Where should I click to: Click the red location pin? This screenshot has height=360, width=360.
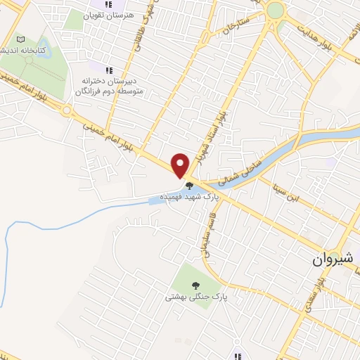coord(180,165)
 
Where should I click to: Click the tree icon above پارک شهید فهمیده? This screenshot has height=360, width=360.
coord(188,186)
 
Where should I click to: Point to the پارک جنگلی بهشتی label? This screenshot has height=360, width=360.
coord(188,297)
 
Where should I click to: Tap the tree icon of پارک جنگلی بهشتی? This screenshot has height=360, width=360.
coord(195,285)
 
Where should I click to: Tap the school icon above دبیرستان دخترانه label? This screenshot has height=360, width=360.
coord(108,70)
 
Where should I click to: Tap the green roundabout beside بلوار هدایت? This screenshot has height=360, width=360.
coord(276,10)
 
